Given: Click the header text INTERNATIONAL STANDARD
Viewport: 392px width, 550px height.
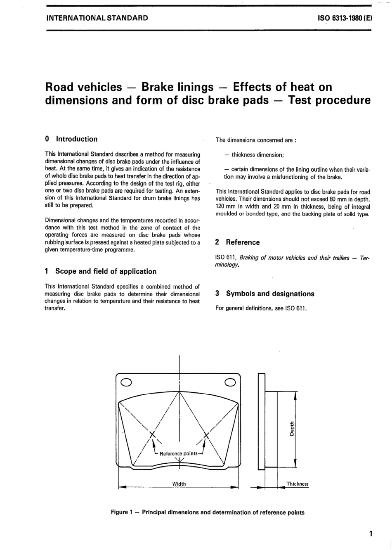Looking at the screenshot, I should pyautogui.click(x=97, y=19).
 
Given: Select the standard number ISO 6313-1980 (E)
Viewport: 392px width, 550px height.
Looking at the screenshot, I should pyautogui.click(x=345, y=19).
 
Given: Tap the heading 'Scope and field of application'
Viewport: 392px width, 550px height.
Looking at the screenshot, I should pyautogui.click(x=106, y=271).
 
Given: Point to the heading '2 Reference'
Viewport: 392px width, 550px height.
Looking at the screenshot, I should pyautogui.click(x=238, y=242).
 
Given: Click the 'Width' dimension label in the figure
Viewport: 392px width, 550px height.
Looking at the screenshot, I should pyautogui.click(x=179, y=484).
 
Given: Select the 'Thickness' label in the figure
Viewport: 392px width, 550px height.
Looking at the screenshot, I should pyautogui.click(x=298, y=484).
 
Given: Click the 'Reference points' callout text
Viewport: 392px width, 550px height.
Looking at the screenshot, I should pyautogui.click(x=179, y=453).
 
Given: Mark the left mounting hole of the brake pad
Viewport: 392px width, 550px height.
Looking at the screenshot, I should pyautogui.click(x=126, y=382).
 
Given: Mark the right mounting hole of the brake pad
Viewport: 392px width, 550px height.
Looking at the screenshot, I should pyautogui.click(x=230, y=382).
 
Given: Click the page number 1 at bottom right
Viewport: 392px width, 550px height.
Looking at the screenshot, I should pyautogui.click(x=371, y=533).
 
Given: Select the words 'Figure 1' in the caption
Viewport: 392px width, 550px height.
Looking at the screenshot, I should pyautogui.click(x=120, y=512).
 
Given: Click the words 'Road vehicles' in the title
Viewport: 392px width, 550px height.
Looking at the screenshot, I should pyautogui.click(x=83, y=87).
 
